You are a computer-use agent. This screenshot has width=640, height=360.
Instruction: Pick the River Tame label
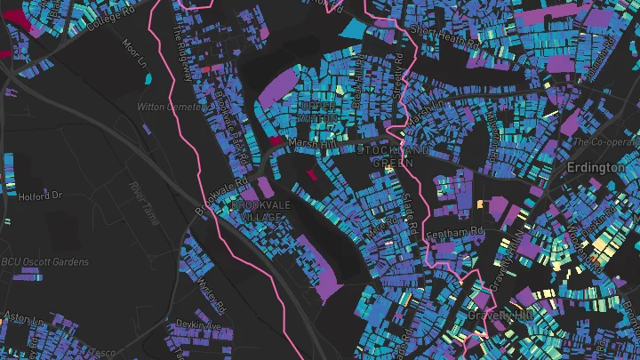tap(143, 193)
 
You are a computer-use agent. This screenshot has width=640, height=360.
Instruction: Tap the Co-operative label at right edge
tap(607, 141)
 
